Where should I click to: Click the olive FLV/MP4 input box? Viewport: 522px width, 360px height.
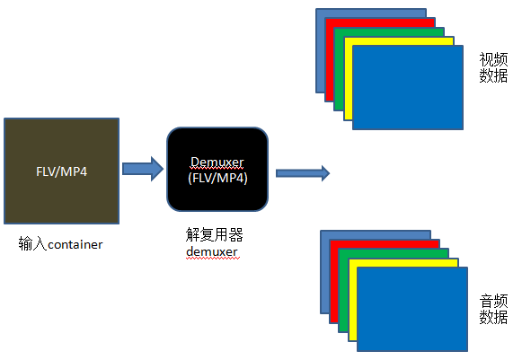pos(61,170)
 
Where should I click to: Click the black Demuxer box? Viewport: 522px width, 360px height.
pos(217,168)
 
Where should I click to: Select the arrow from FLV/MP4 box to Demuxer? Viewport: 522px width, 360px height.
pos(142,168)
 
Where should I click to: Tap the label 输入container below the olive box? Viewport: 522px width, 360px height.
pos(60,243)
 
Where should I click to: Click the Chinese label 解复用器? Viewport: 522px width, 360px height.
pos(215,235)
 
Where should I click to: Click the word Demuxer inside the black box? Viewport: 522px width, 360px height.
pos(217,162)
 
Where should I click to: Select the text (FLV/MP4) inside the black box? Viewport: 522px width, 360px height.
pos(217,178)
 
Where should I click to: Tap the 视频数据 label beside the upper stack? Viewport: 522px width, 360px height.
pos(493,67)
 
